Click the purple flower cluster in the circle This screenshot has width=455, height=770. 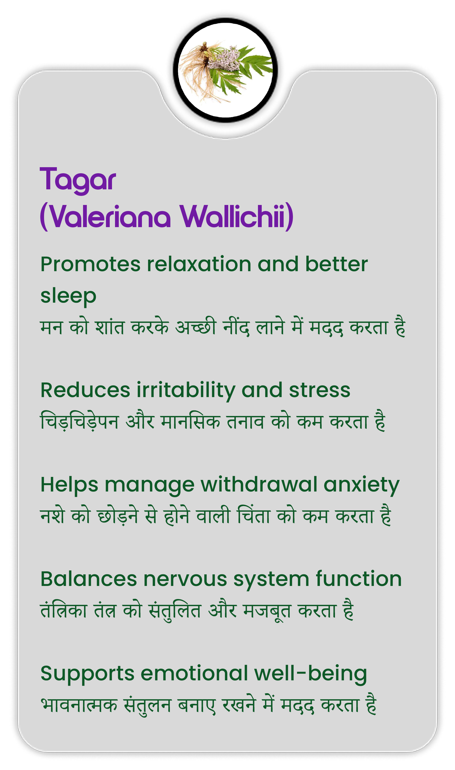(223, 58)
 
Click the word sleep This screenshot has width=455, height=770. (68, 296)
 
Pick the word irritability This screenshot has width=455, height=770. (186, 391)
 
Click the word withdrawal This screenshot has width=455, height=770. (259, 485)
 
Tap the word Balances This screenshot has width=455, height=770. (89, 579)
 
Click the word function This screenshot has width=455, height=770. (359, 579)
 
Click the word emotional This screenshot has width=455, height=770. (194, 674)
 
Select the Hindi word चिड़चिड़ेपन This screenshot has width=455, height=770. (80, 422)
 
